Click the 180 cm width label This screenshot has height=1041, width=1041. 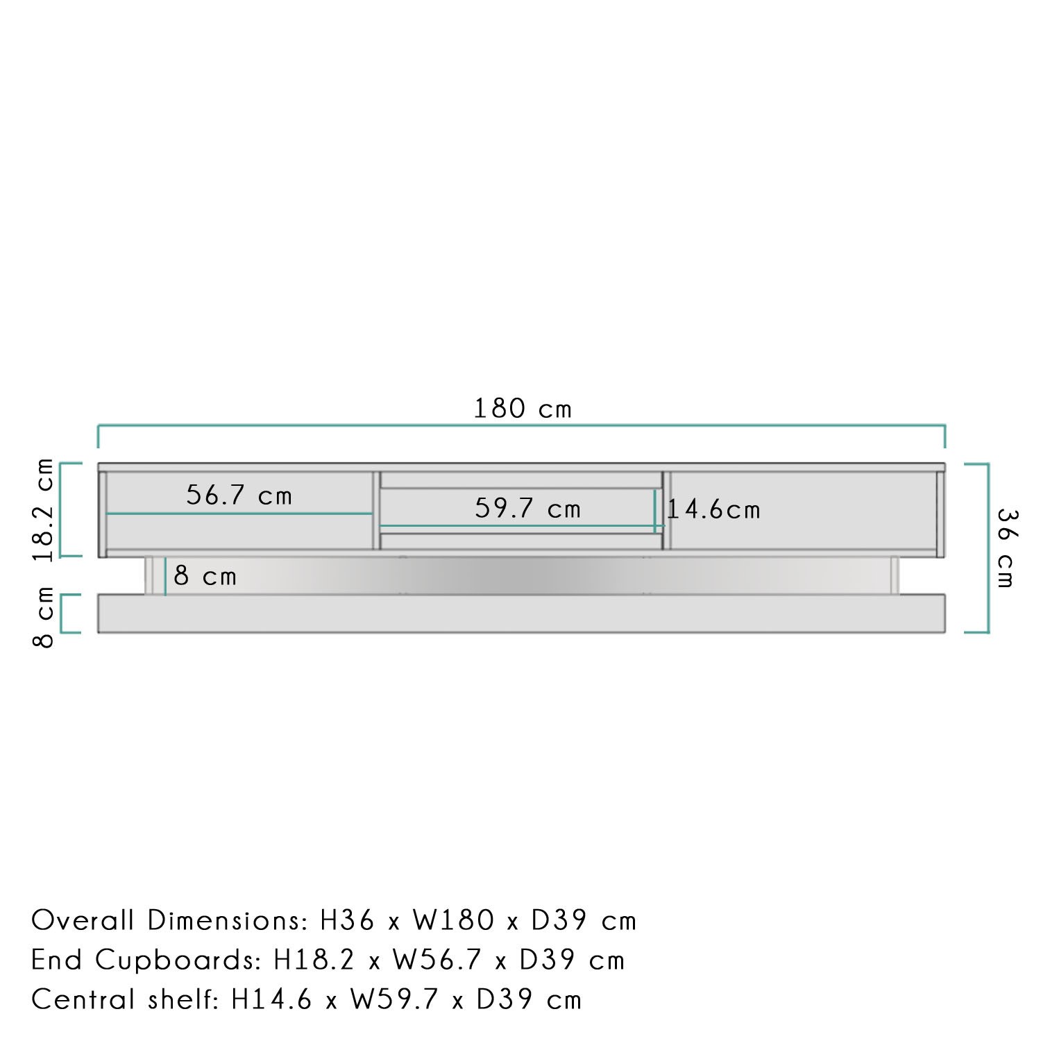click(523, 409)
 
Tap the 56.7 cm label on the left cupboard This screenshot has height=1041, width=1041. click(239, 496)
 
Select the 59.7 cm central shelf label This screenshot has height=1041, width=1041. click(527, 509)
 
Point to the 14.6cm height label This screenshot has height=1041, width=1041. click(714, 510)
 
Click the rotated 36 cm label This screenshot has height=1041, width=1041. click(1006, 548)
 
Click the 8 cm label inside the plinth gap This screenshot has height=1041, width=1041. click(205, 576)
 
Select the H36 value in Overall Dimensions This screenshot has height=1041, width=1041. click(348, 921)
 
